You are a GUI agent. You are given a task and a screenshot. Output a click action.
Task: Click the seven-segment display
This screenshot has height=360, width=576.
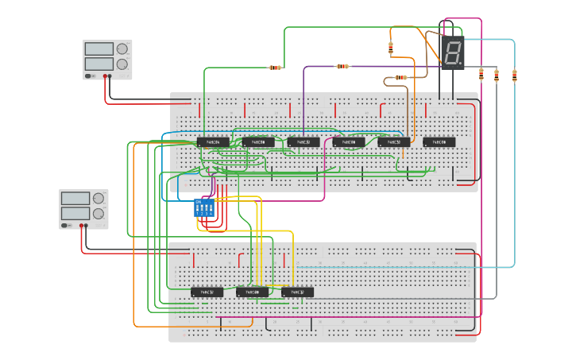click(x=452, y=53)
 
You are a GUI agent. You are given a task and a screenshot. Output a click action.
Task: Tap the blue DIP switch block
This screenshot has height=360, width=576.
click(x=204, y=207)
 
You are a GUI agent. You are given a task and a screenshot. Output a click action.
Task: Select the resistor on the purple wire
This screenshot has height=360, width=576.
click(x=343, y=66)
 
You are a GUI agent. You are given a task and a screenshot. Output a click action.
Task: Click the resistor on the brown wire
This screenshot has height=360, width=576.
click(x=400, y=78)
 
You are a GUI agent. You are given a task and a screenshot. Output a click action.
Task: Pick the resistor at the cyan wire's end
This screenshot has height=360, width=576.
click(x=514, y=76)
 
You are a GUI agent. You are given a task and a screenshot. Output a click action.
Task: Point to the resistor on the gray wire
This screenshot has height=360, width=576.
click(x=497, y=76)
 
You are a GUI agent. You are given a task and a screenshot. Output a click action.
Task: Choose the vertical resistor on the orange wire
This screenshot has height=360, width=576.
click(x=391, y=48)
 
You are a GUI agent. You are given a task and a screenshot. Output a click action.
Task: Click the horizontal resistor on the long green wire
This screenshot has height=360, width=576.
click(x=276, y=68)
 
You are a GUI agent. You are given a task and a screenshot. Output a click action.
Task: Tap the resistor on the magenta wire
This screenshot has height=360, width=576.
click(x=481, y=75)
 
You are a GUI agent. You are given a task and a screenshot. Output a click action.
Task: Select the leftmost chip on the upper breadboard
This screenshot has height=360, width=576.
click(x=213, y=142)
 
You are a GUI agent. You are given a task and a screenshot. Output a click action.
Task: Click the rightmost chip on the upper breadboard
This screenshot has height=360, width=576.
click(x=439, y=142)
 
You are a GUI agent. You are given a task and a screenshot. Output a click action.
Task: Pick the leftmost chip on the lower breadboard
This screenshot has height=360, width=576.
click(x=207, y=292)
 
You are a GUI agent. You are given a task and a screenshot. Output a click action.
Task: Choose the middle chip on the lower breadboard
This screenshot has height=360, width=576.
click(x=253, y=292)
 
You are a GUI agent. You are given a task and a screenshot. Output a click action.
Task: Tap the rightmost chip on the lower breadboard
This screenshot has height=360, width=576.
click(x=298, y=292)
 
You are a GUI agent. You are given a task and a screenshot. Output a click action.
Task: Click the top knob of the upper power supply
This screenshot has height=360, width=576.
click(x=122, y=48)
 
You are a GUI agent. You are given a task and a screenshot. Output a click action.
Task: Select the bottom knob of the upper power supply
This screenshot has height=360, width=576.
click(x=122, y=64)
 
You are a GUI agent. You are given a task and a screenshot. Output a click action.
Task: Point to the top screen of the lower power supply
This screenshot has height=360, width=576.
click(x=75, y=198)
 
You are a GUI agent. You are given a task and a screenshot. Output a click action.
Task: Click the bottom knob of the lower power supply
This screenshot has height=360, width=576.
click(x=99, y=213)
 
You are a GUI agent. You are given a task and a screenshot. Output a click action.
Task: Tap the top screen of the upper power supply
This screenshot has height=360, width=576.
click(x=99, y=48)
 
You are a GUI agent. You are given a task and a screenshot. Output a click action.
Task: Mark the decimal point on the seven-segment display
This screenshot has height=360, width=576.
click(x=460, y=63)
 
